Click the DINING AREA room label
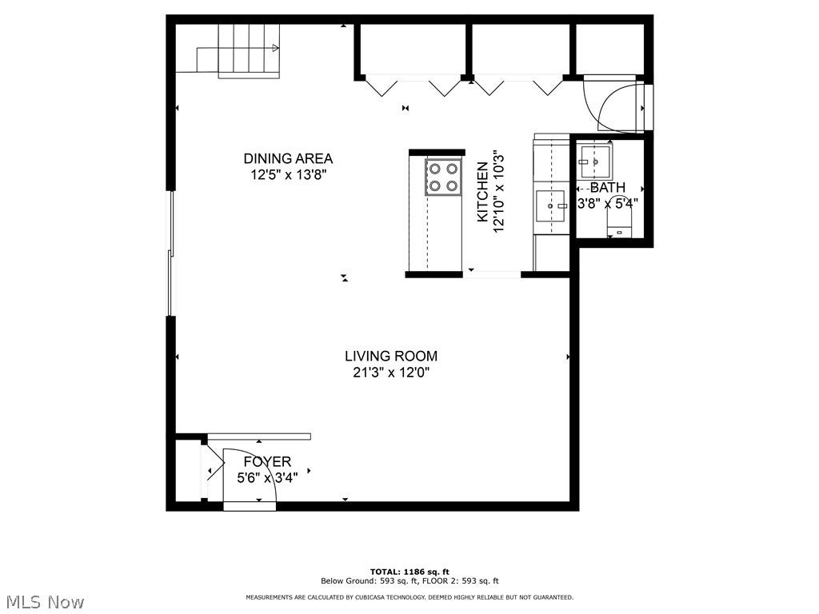(288, 158)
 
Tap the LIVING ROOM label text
(391, 356)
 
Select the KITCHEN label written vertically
(482, 192)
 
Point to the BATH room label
(608, 187)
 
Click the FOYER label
(267, 461)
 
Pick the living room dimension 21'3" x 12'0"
(391, 373)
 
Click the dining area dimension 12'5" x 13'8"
(288, 174)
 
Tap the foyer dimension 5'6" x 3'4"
(267, 478)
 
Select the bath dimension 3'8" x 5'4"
(608, 203)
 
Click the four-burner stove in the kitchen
(443, 177)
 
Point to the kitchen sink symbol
(551, 205)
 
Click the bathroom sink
(595, 161)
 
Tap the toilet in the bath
(620, 225)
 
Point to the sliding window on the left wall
(170, 253)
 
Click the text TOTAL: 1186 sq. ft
(409, 572)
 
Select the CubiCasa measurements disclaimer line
(409, 597)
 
